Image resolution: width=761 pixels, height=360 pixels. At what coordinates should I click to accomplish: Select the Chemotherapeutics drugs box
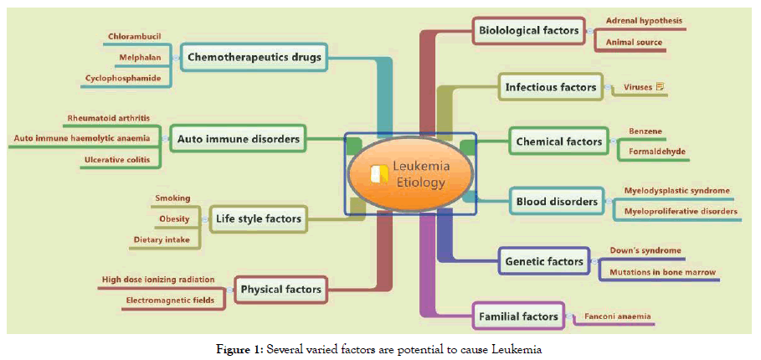pos(255,57)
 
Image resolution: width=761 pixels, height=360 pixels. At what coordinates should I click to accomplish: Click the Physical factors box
pos(280,290)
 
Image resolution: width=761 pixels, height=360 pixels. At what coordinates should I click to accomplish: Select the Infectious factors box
pos(550,86)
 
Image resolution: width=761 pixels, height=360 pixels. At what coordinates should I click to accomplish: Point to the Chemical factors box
pos(558,141)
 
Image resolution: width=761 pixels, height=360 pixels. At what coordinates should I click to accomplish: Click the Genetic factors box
pos(543,261)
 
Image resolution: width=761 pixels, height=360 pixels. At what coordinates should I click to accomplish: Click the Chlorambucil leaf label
pos(135,36)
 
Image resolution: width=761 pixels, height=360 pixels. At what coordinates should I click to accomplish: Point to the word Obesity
pos(174,219)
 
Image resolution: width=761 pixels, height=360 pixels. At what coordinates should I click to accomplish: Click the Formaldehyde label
pos(657,152)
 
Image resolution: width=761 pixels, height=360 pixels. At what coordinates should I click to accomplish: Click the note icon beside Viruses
pos(661,86)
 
